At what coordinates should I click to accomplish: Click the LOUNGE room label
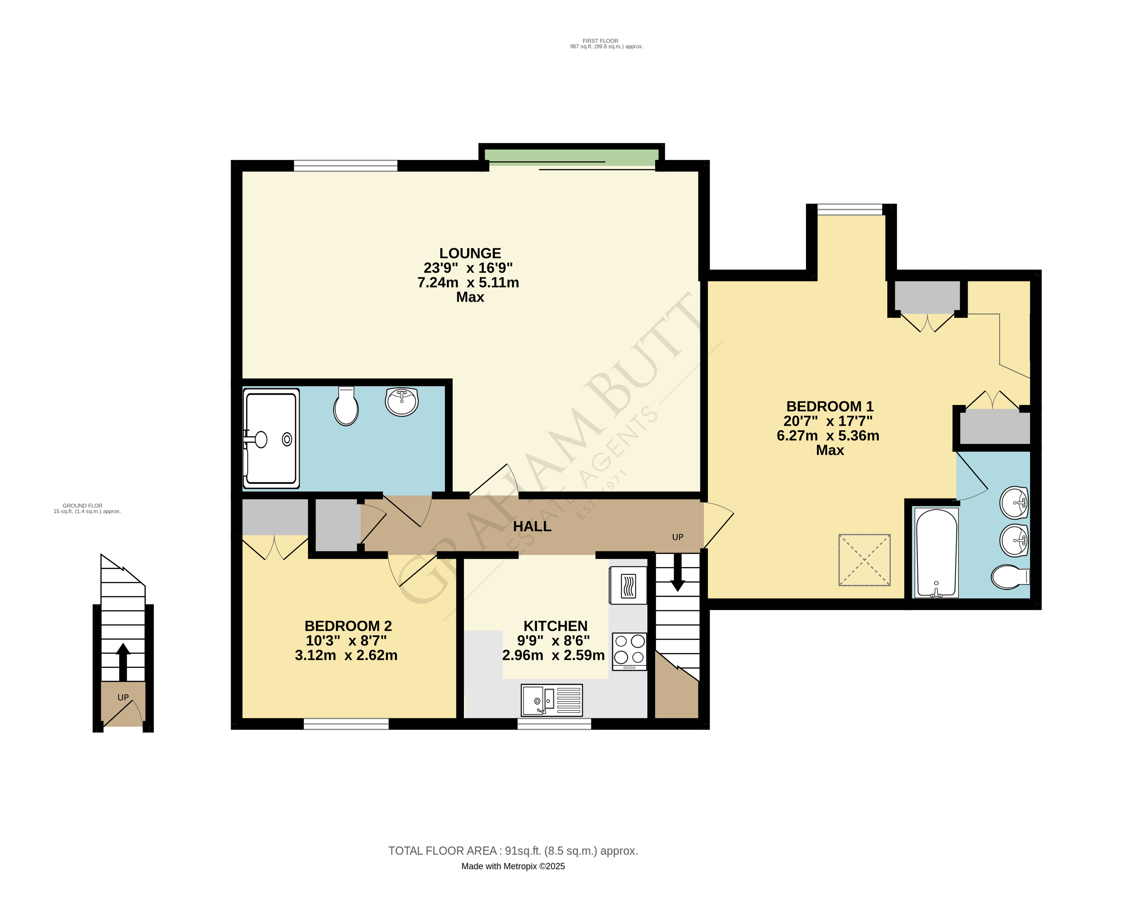(470, 253)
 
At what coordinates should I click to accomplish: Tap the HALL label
(532, 526)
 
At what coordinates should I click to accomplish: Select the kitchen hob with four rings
(629, 651)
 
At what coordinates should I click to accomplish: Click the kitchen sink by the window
(551, 700)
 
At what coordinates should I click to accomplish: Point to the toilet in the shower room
(346, 407)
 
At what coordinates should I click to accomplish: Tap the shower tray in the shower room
(271, 438)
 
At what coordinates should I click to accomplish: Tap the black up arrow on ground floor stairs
(123, 662)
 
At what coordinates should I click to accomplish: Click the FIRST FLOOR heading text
(600, 41)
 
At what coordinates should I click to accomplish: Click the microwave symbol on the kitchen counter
(628, 585)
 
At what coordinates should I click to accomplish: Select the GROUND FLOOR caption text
(83, 506)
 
